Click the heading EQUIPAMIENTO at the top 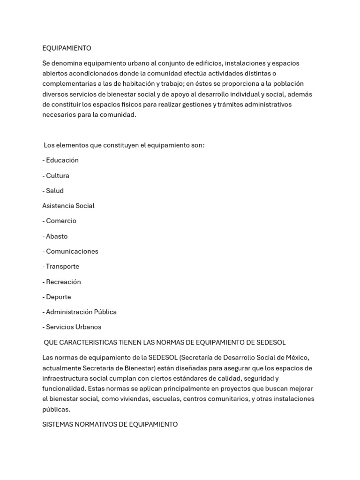click(x=67, y=48)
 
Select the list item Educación click(x=60, y=160)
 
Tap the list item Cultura click(x=56, y=176)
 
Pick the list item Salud click(x=53, y=191)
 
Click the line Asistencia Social click(x=68, y=206)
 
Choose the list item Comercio click(x=59, y=221)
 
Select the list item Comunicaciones click(x=70, y=251)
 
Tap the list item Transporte click(x=60, y=266)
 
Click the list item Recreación click(x=61, y=282)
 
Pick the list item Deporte click(x=57, y=297)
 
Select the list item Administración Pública click(x=79, y=312)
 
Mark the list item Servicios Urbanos click(x=72, y=327)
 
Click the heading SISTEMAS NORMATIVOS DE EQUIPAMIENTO click(x=110, y=424)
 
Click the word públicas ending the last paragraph click(x=56, y=409)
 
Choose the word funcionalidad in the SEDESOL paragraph click(x=64, y=389)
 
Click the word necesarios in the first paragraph click(x=59, y=114)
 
